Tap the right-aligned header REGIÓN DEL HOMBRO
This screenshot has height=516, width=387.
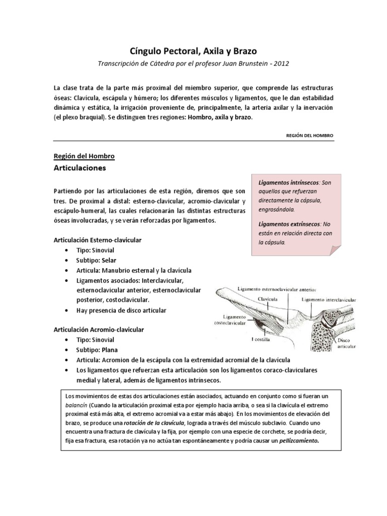click(x=309, y=136)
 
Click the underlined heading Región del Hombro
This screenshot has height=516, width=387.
click(x=84, y=156)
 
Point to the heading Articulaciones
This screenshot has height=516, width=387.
click(x=80, y=168)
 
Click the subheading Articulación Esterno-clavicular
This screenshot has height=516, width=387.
click(x=97, y=240)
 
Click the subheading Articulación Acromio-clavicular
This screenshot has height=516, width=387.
click(x=99, y=330)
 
